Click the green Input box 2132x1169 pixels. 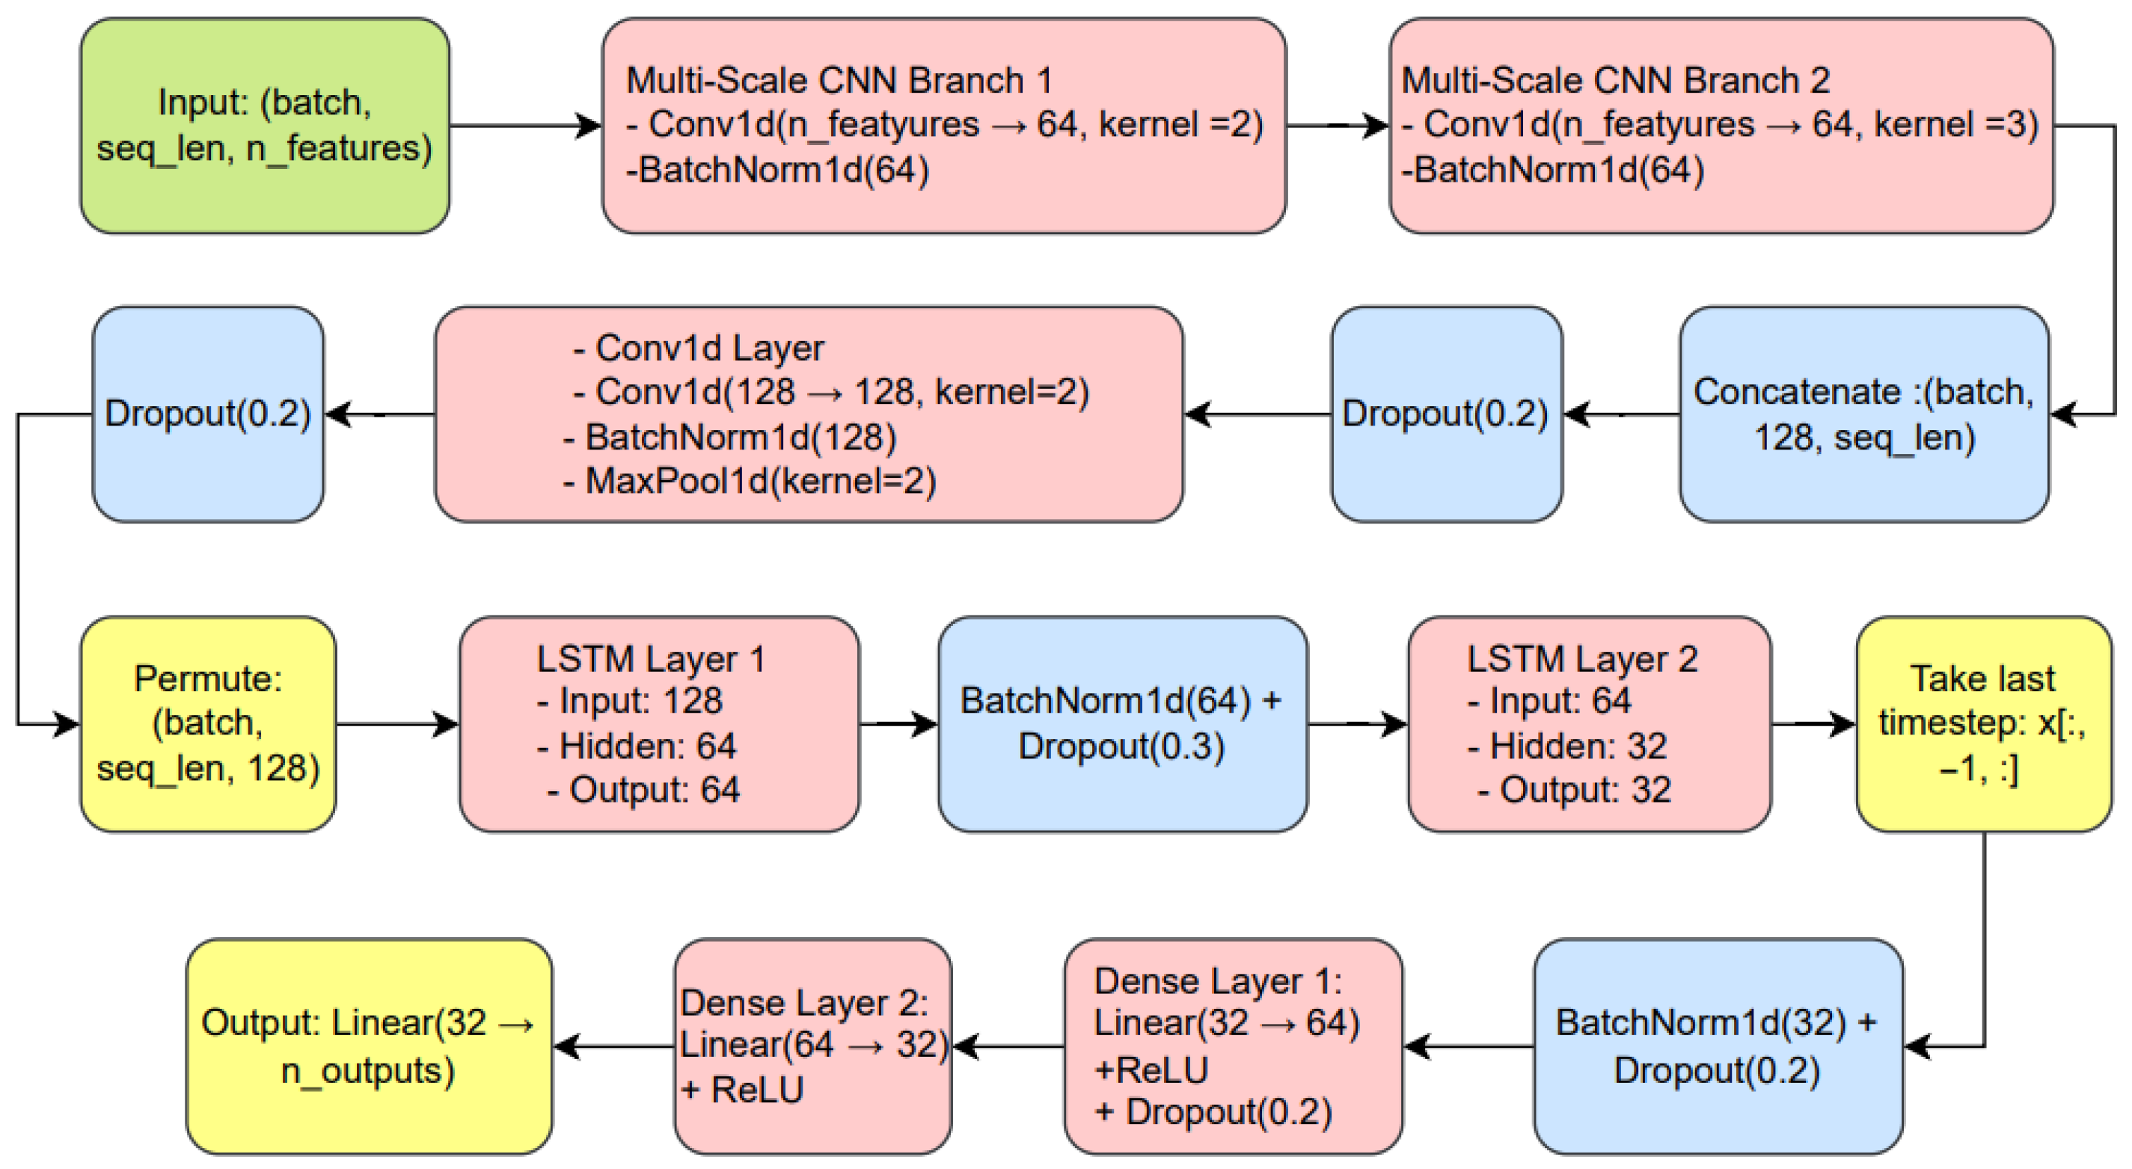point(265,126)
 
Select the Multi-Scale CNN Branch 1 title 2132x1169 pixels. point(839,81)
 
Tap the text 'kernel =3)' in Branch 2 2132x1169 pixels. point(1955,125)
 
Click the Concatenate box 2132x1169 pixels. point(1864,414)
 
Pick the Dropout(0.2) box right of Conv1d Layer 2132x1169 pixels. point(1447,414)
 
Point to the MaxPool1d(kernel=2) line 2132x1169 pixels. point(750,482)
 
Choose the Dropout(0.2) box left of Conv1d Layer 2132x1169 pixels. point(208,414)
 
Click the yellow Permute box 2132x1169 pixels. point(208,725)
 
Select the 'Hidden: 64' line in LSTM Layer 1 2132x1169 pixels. point(637,746)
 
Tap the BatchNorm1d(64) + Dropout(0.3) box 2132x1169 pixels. point(1123,725)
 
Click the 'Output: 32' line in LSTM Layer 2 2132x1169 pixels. point(1574,790)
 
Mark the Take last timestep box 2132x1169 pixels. point(1984,725)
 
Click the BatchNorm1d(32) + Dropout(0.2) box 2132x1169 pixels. point(1718,1046)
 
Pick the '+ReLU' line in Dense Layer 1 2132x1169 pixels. point(1151,1070)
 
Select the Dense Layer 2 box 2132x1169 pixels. point(812,1046)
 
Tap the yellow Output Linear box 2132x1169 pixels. point(369,1046)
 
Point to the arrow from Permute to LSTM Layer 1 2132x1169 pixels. point(398,725)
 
